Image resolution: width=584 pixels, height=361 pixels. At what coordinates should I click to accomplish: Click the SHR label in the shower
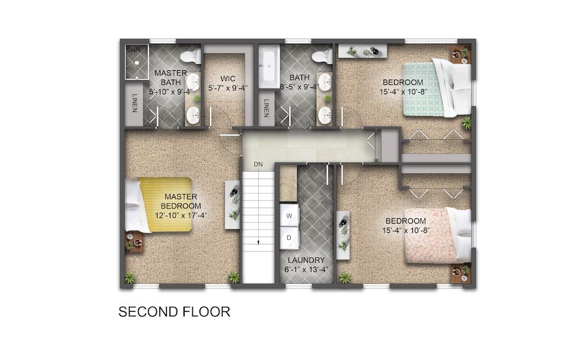pyautogui.click(x=133, y=50)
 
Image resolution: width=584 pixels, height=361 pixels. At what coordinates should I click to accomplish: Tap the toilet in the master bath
pyautogui.click(x=191, y=57)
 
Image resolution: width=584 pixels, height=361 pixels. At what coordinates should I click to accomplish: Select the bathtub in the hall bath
pyautogui.click(x=268, y=67)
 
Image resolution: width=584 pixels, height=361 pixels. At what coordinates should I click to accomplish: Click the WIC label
pyautogui.click(x=228, y=78)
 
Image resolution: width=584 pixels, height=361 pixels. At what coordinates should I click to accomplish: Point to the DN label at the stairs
pyautogui.click(x=258, y=165)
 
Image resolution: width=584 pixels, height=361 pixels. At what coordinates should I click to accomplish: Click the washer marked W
pyautogui.click(x=290, y=215)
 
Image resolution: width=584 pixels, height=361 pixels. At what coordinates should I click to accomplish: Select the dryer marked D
pyautogui.click(x=290, y=238)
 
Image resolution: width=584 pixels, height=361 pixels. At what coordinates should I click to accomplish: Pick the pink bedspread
pyautogui.click(x=430, y=236)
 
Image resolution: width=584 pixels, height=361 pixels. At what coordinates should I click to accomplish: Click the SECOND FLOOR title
pyautogui.click(x=174, y=312)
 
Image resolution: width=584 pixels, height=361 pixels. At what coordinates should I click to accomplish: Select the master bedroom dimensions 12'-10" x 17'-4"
pyautogui.click(x=181, y=215)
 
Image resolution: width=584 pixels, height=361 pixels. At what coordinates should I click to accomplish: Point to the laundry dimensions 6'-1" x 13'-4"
pyautogui.click(x=306, y=270)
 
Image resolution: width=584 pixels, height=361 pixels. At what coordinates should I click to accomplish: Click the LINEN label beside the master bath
pyautogui.click(x=134, y=103)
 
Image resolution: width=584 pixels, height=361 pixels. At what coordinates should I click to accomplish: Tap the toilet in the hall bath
pyautogui.click(x=323, y=57)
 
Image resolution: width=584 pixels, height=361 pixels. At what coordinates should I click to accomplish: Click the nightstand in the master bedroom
pyautogui.click(x=134, y=242)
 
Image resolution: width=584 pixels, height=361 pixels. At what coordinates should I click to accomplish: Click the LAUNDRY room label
pyautogui.click(x=306, y=260)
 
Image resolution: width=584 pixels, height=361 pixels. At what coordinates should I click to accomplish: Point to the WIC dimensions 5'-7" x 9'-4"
pyautogui.click(x=228, y=88)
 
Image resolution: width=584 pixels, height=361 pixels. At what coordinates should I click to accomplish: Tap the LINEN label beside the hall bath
pyautogui.click(x=266, y=108)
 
